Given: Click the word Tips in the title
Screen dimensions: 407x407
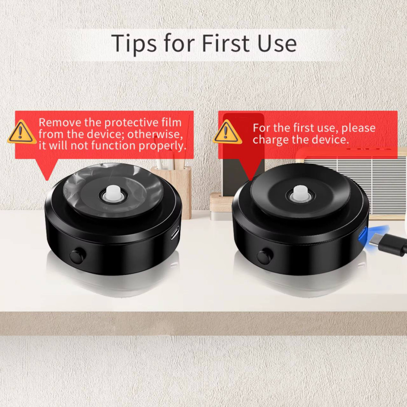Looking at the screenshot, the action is tap(134, 43).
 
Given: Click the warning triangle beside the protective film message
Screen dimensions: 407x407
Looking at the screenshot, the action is tap(22, 131).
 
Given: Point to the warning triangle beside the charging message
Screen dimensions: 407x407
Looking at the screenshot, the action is tap(227, 131).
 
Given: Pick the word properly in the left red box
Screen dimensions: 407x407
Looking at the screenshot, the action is tap(162, 146).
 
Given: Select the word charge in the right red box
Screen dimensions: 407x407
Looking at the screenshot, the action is tap(271, 140).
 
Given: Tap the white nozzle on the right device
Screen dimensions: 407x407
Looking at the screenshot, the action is tap(300, 193).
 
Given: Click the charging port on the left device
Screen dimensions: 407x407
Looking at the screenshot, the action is tap(175, 233).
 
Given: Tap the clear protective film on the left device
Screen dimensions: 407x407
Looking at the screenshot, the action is tap(114, 190).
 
